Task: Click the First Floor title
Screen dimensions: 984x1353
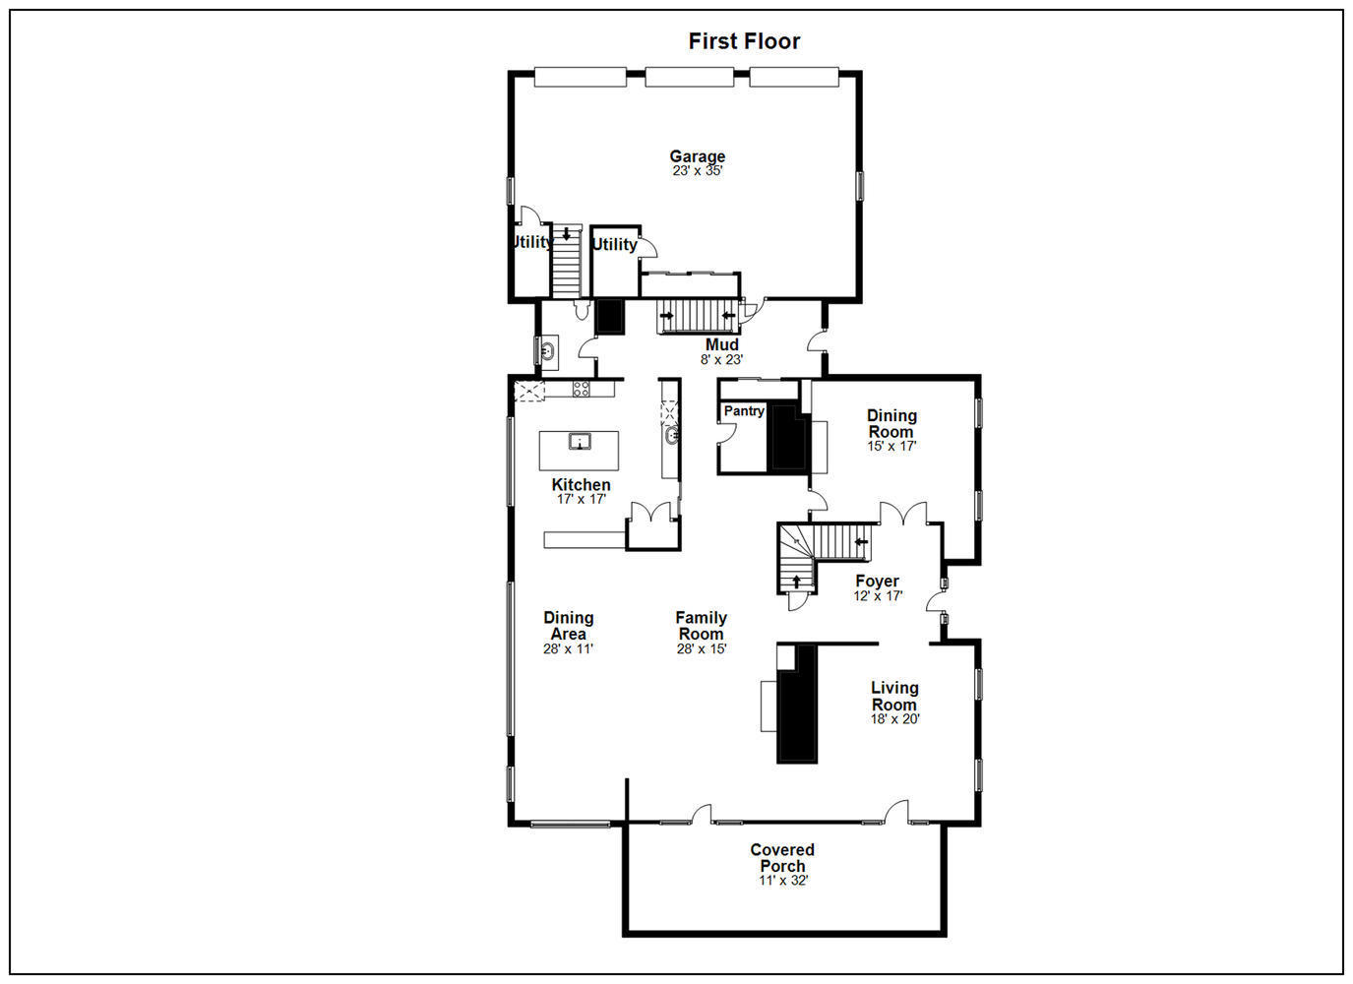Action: (x=744, y=41)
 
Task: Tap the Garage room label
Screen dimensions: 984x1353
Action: (x=697, y=155)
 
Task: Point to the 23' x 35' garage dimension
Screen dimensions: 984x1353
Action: (x=697, y=171)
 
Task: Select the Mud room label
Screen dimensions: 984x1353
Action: (x=721, y=344)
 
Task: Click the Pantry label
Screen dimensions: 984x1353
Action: (x=744, y=411)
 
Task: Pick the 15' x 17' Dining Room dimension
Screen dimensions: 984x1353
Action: (x=891, y=446)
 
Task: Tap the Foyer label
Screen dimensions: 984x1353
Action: (x=877, y=581)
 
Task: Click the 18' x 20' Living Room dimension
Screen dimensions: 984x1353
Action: (x=894, y=719)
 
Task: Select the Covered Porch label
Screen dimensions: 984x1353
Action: (x=782, y=857)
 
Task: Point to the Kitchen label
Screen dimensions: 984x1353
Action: (x=581, y=484)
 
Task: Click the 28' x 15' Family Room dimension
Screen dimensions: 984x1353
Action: (x=701, y=649)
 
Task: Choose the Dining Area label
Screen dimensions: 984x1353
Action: (x=568, y=626)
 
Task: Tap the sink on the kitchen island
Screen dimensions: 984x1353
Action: (x=580, y=441)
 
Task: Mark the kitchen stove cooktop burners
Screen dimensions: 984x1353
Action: (x=582, y=389)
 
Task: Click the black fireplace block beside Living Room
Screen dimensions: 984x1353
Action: (x=797, y=704)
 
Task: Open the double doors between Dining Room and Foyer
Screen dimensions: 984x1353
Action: (x=903, y=514)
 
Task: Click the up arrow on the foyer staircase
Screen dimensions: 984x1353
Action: (x=796, y=581)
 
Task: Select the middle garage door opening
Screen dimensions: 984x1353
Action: (x=689, y=78)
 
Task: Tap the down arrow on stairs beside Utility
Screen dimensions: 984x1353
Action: (x=566, y=235)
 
